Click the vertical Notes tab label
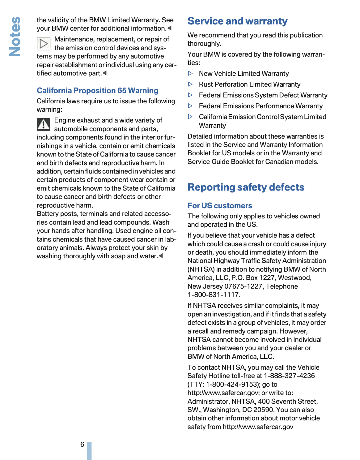coord(15,37)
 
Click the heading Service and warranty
coord(237,21)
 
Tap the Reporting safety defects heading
coord(246,187)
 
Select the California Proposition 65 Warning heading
coord(97,91)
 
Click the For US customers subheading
coord(220,206)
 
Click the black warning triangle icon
coord(44,124)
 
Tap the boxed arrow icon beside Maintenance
coord(44,43)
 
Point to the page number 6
coord(82,444)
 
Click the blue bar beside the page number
coord(89,451)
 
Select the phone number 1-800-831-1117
coord(214,295)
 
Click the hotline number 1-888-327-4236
coord(289,376)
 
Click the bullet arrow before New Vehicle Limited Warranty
coord(190,74)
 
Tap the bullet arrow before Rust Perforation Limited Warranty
coord(190,84)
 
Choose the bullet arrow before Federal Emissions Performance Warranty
coord(190,106)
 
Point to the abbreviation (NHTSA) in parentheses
coord(201,269)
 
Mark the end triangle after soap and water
coord(161,256)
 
